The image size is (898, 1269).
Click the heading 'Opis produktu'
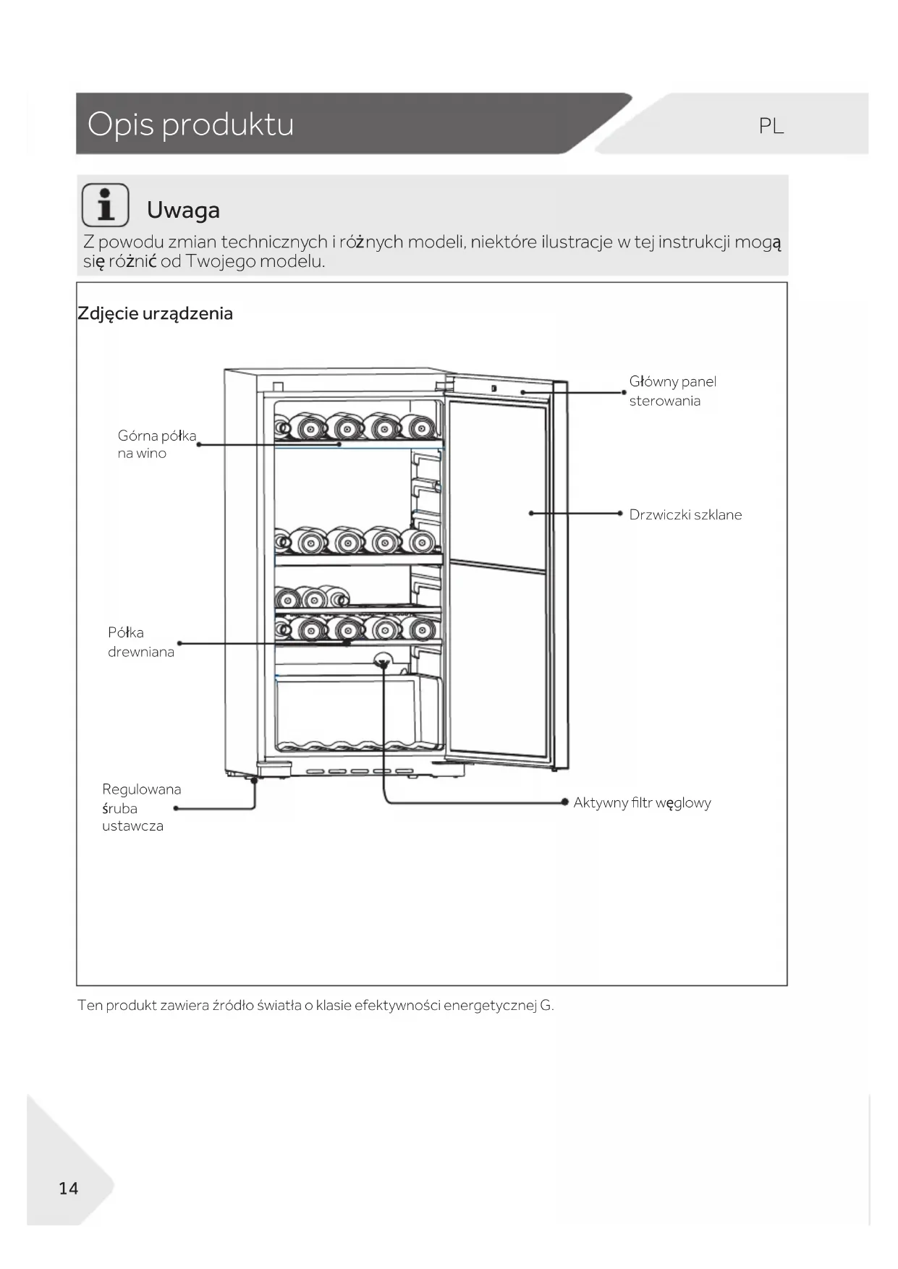point(190,124)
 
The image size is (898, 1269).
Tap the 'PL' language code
point(771,126)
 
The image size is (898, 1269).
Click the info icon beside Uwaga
point(106,205)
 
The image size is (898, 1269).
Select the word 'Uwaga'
point(183,210)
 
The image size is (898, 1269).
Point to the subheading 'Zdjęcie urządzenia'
point(155,313)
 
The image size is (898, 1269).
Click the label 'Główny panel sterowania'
point(672,391)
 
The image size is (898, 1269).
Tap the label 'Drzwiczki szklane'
point(685,514)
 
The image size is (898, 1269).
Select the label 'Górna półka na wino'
point(156,444)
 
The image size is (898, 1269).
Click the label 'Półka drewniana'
point(140,642)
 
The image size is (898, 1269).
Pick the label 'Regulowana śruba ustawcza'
point(141,807)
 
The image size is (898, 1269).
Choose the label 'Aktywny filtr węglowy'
point(642,802)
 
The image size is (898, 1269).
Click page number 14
point(68,1188)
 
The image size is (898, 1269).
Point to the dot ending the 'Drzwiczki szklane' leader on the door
point(531,513)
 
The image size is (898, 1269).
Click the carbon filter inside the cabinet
point(381,661)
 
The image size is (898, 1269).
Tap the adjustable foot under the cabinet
point(254,780)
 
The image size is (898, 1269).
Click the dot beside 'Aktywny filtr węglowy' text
point(565,802)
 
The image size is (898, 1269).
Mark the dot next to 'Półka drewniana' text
point(179,642)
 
